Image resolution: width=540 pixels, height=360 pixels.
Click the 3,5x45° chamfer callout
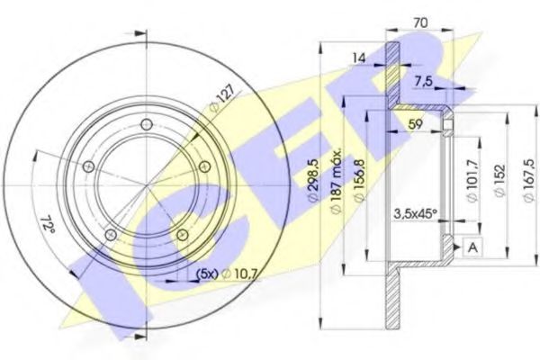(415, 214)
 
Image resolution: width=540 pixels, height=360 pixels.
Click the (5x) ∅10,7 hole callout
(216, 274)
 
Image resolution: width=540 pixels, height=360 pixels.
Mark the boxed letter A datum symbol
(470, 246)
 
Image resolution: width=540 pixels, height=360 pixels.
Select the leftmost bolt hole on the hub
(88, 167)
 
